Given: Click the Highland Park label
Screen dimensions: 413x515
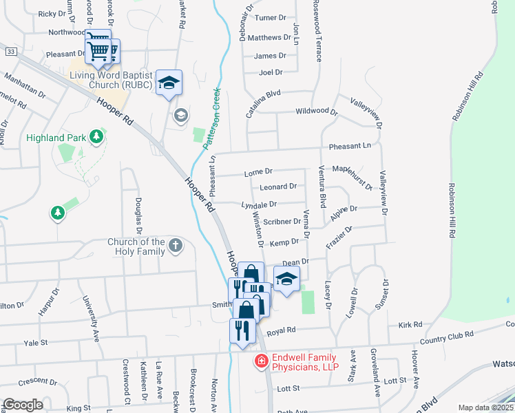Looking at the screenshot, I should coord(56,138).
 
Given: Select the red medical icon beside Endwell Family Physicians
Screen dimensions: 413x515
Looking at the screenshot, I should coord(261,361).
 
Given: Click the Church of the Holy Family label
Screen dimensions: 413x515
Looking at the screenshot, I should coord(136,246).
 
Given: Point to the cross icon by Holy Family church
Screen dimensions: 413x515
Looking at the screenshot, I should coord(176,244).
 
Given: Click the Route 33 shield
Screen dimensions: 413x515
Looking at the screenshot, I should coord(10,51).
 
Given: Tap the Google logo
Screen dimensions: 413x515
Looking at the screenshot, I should coord(23,405).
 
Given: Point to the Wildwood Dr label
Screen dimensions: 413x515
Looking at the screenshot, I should coord(316,111).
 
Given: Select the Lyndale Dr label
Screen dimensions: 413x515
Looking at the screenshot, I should coord(259,204).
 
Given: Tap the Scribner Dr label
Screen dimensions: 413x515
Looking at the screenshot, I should coord(282,222).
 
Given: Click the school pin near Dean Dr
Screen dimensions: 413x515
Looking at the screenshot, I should coord(286,279).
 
